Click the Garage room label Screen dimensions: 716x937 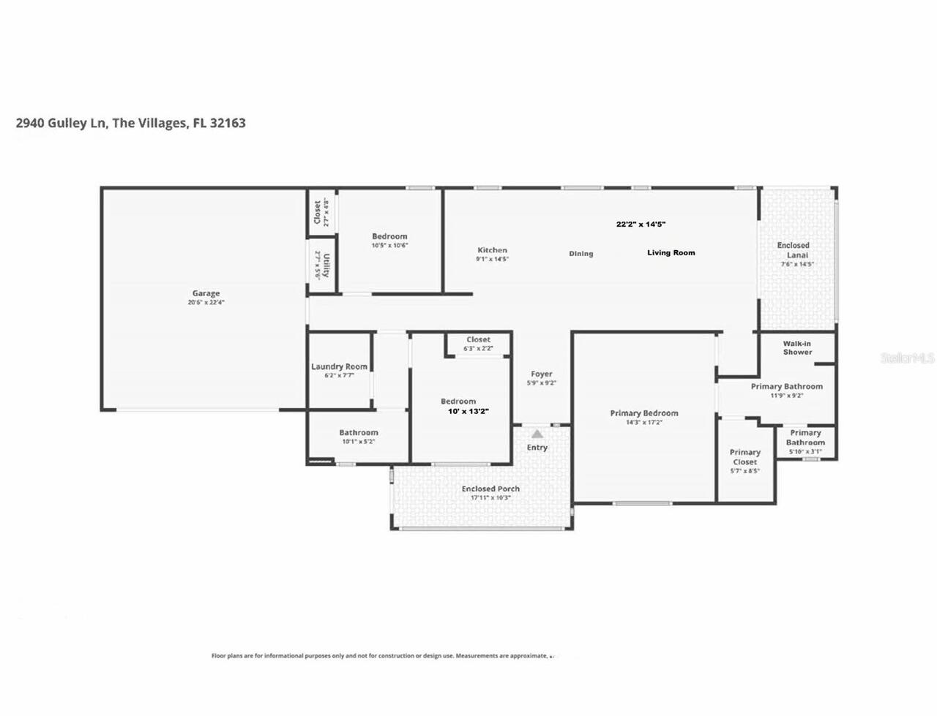(x=206, y=294)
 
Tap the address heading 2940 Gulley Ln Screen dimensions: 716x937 (x=130, y=123)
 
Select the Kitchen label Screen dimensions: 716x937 (x=492, y=250)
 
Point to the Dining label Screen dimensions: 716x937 (x=581, y=254)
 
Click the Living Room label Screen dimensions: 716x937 (x=671, y=252)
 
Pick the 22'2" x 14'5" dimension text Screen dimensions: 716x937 (x=641, y=225)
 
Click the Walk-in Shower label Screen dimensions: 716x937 (x=797, y=347)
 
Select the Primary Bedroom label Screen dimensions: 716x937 (x=644, y=413)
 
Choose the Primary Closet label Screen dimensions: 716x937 (x=744, y=457)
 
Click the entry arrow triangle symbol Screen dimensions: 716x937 (x=537, y=434)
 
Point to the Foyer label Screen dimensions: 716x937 (x=542, y=374)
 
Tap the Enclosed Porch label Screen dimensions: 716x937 (x=490, y=489)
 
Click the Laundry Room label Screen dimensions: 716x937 (x=339, y=366)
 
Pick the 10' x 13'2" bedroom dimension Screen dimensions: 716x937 (x=468, y=412)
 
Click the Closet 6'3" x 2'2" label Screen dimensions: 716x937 (x=478, y=340)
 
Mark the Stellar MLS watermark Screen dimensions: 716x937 (x=908, y=358)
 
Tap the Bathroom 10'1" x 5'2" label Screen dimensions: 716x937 (x=359, y=433)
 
